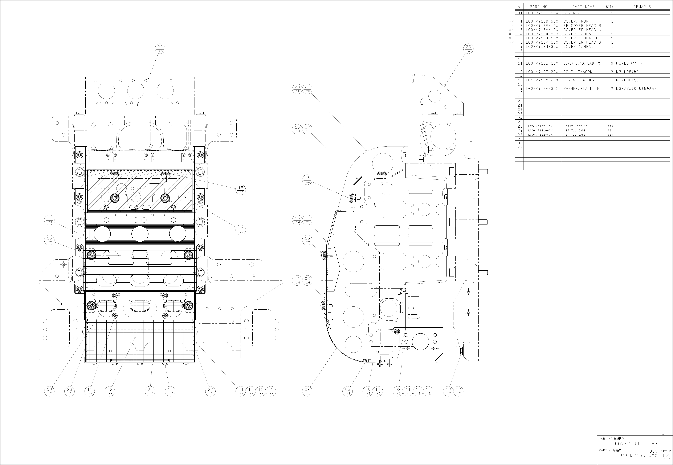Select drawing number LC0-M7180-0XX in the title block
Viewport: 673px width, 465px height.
[x=637, y=455]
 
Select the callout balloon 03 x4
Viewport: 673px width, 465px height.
[x=307, y=280]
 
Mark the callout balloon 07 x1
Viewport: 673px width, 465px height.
[x=307, y=129]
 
